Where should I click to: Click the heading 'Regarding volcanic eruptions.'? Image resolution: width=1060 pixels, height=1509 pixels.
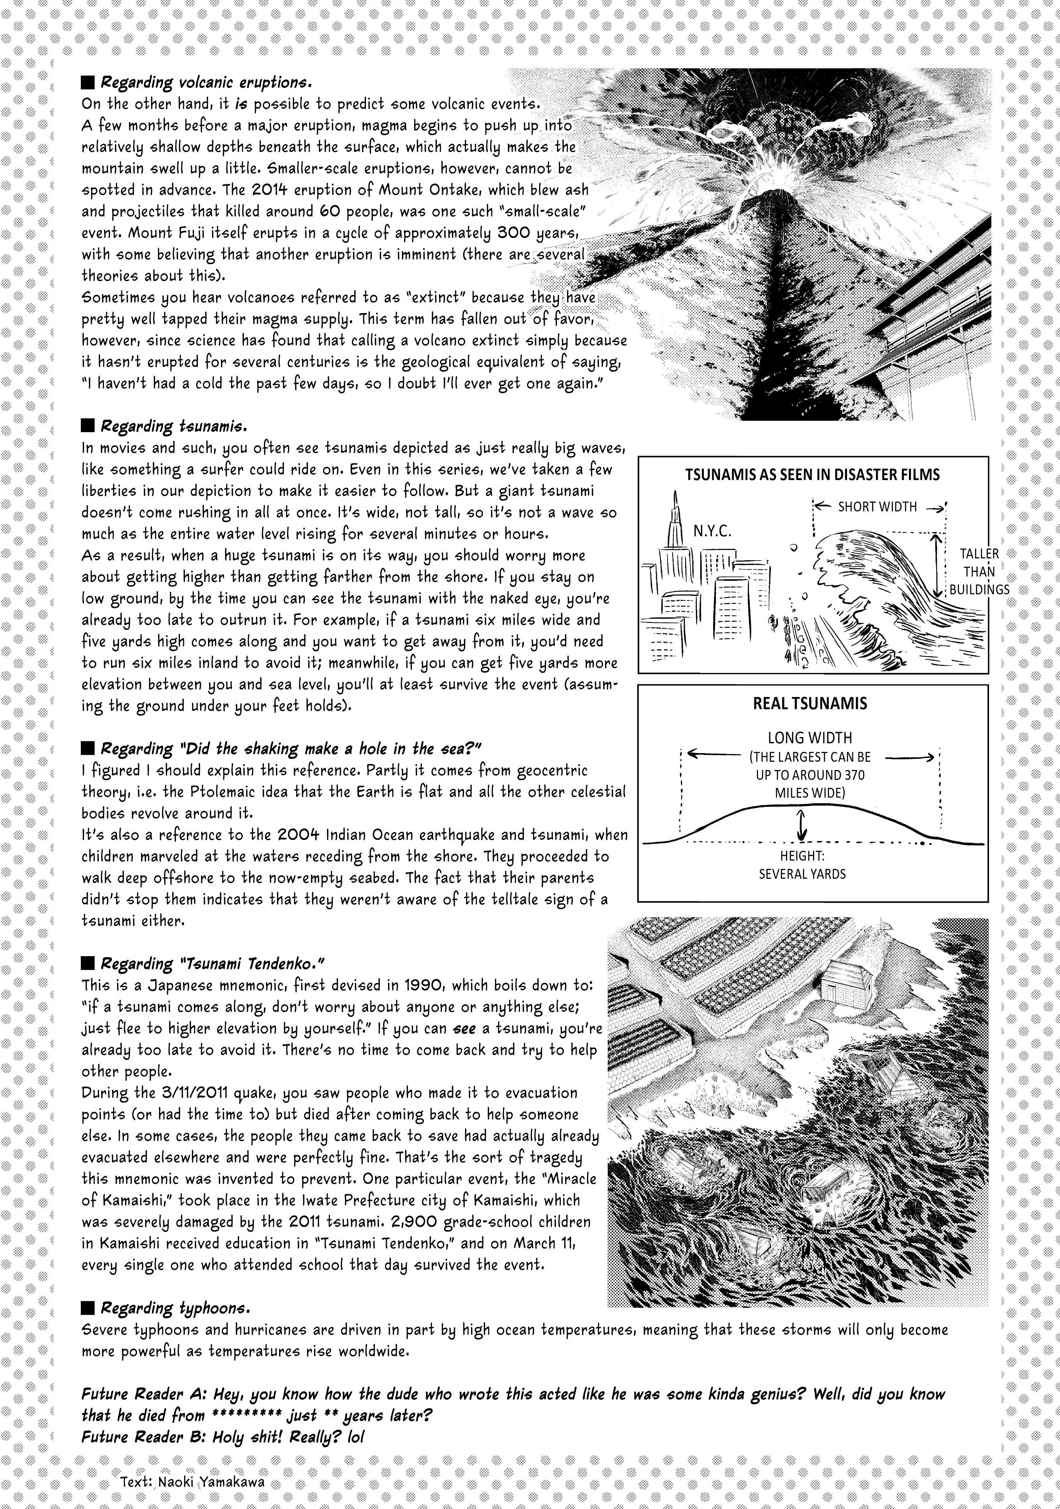tap(204, 84)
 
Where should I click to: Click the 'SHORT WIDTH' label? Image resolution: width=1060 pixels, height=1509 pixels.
tap(877, 507)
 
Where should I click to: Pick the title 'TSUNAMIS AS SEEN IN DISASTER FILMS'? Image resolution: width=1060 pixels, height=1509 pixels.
tap(812, 475)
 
